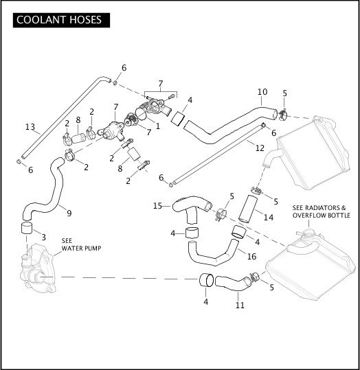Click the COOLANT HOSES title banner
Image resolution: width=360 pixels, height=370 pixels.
(x=61, y=20)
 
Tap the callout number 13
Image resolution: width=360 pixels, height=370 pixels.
(x=30, y=127)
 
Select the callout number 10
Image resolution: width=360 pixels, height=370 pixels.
(x=262, y=92)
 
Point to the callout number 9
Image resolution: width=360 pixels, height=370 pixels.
(x=69, y=213)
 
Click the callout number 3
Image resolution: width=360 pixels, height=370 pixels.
(x=43, y=237)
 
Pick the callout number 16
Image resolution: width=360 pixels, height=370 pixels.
(x=251, y=256)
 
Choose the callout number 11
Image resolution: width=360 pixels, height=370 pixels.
(x=240, y=305)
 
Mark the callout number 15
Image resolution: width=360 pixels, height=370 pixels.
(x=157, y=206)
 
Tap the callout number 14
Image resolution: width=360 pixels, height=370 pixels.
(x=269, y=217)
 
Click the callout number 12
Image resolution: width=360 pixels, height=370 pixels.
(x=260, y=148)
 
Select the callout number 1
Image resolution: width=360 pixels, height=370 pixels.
(x=157, y=126)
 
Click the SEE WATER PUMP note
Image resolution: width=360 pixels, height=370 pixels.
(x=81, y=244)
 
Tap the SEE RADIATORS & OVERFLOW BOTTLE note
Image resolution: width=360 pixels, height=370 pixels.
(x=322, y=211)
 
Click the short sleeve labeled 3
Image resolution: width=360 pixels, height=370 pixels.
(x=27, y=228)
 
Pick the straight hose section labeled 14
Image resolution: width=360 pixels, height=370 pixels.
(x=247, y=209)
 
